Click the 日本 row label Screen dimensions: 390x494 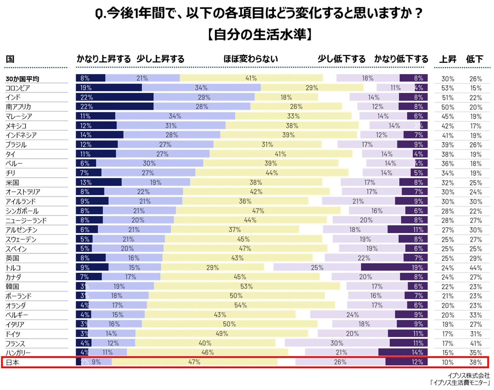coord(12,362)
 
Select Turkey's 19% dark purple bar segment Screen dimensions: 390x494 coord(394,267)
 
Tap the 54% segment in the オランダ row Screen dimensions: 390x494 coord(241,305)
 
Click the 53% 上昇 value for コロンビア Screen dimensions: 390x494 coord(447,88)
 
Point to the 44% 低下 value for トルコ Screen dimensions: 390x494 coord(475,268)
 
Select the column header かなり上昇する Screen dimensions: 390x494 coord(103,59)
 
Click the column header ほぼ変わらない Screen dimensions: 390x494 coord(250,59)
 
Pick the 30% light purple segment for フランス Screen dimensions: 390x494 coord(337,343)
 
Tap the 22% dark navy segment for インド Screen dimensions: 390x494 coord(115,97)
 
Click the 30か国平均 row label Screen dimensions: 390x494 coord(22,79)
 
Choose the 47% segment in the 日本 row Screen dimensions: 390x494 coord(194,362)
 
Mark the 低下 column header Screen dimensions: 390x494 coord(474,59)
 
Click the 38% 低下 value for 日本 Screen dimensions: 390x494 coord(475,362)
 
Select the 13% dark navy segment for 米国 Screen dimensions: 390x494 coord(98,182)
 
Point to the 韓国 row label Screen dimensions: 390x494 coord(12,287)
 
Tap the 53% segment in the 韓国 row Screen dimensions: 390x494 coord(247,286)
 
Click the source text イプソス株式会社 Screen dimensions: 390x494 coord(468,375)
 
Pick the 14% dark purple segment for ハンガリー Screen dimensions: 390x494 coord(402,352)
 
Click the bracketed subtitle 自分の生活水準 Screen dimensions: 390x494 coord(260,35)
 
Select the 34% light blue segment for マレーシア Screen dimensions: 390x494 coord(175,116)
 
